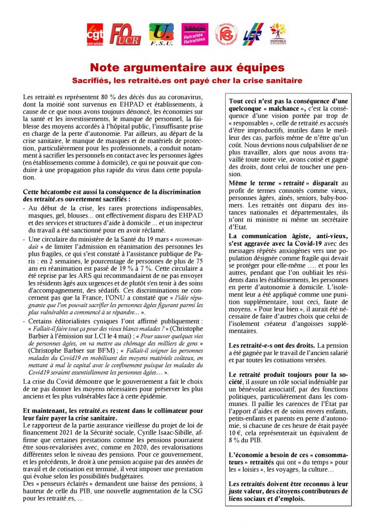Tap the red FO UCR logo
[x=125, y=35]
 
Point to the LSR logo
[x=253, y=35]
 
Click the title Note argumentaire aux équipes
[x=187, y=68]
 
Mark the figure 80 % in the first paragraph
[x=94, y=97]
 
